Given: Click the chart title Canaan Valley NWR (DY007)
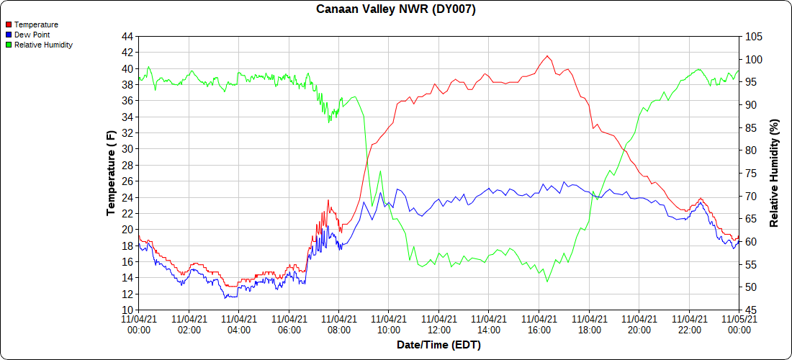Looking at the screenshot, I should [396, 9].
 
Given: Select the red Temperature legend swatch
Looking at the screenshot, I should [9, 24].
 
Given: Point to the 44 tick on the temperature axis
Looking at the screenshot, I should [127, 36].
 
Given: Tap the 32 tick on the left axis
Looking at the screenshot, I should [127, 133].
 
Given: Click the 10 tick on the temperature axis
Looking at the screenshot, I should [127, 310].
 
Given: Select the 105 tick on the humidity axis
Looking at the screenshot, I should [753, 36].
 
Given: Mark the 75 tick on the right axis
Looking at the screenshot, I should [750, 173].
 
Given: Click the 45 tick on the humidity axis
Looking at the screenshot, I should [750, 310].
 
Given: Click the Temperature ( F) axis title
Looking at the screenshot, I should [111, 173].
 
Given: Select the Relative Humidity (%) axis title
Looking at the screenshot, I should [775, 173].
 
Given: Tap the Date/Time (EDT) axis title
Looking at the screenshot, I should [438, 345].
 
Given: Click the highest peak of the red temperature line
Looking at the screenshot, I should [548, 55].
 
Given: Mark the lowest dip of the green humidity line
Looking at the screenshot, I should [547, 282].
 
